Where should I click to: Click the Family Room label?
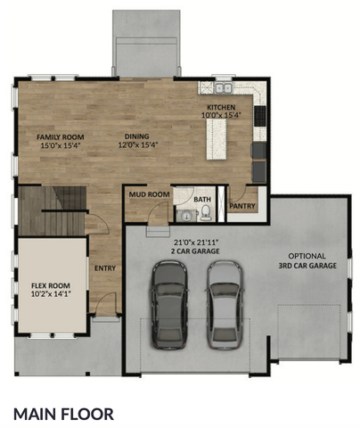click(61, 137)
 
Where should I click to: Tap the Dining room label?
click(136, 136)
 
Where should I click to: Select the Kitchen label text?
click(221, 107)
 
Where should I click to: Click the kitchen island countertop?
click(217, 139)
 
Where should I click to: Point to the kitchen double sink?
click(224, 88)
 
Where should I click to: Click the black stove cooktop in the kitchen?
click(260, 116)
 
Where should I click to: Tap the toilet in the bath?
click(206, 213)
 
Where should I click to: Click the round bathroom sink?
click(186, 216)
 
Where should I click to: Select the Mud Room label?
click(149, 194)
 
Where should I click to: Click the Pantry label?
click(242, 206)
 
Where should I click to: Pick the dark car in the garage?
click(169, 304)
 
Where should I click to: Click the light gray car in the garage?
click(225, 304)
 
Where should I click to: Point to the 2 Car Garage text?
click(195, 251)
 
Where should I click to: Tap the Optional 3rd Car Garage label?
click(307, 260)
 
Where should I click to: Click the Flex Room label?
click(51, 285)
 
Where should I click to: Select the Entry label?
click(105, 268)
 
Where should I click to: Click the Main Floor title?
click(63, 414)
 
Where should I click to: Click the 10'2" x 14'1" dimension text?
click(51, 294)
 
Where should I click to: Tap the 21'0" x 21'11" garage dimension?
click(195, 243)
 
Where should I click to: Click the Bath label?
click(202, 199)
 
